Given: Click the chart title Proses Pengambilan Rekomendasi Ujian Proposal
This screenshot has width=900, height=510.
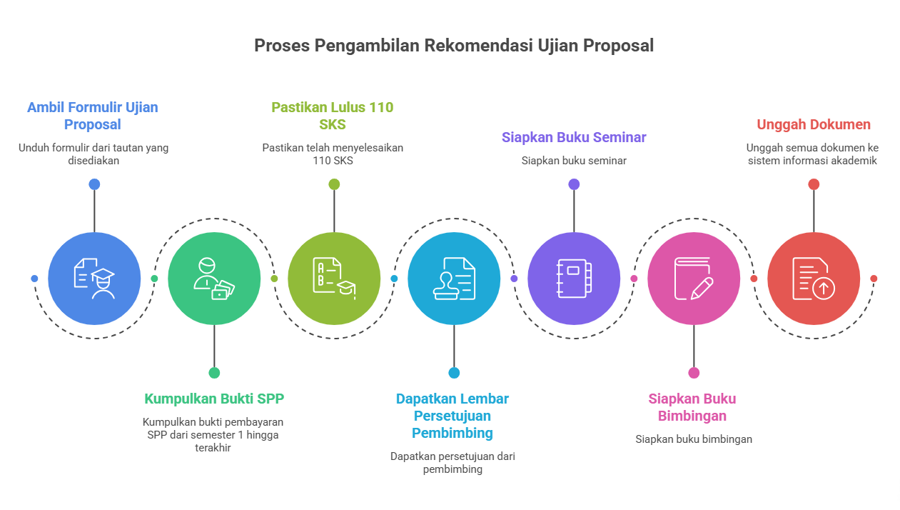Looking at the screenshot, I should [x=454, y=46].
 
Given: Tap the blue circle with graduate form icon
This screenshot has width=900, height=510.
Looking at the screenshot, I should [x=94, y=279].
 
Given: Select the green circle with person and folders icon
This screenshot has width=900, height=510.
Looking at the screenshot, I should [x=214, y=279].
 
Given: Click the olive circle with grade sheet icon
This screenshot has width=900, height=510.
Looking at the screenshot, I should [x=334, y=279].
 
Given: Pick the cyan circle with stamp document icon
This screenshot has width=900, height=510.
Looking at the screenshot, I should [x=454, y=279].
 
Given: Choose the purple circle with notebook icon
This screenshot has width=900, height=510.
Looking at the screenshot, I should [x=574, y=279].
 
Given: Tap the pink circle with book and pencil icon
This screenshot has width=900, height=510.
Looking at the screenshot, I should [x=694, y=279].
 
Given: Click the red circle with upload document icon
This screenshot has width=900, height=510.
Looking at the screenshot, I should [x=814, y=279].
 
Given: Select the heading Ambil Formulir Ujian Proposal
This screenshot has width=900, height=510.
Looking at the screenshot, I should [x=93, y=116].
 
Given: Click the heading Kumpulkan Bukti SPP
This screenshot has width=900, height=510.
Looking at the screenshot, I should [x=214, y=399].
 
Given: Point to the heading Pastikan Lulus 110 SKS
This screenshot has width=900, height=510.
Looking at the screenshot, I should [x=332, y=116].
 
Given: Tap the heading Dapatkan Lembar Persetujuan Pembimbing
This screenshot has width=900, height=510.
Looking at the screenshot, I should [x=452, y=416].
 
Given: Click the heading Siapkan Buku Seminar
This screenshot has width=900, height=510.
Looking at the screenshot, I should [x=574, y=137].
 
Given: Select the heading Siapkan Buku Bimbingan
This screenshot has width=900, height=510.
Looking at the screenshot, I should [x=692, y=407].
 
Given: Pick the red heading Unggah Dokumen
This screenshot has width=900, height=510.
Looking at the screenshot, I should [x=813, y=124].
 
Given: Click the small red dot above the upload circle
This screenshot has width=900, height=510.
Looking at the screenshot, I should [x=814, y=184].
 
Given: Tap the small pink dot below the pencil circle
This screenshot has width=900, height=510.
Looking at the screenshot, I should [x=694, y=373].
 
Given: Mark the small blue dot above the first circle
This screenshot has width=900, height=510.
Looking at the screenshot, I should [x=94, y=184].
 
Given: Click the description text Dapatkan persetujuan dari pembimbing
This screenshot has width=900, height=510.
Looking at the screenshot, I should [x=452, y=462].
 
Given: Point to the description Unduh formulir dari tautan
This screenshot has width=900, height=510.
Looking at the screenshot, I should [x=93, y=154].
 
